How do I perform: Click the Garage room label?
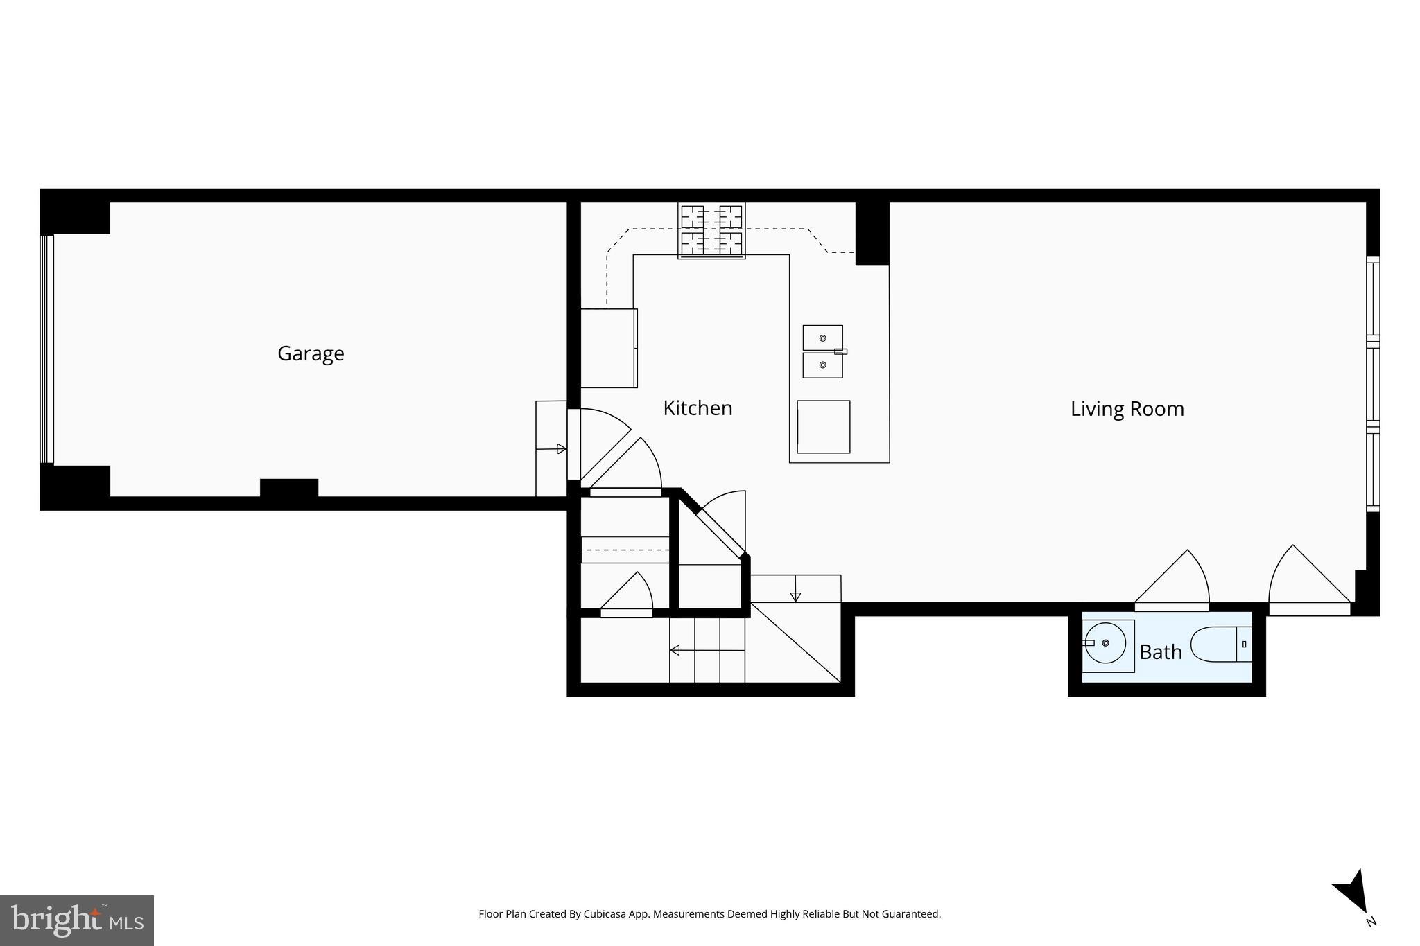tap(311, 353)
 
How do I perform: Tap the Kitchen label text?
tap(698, 408)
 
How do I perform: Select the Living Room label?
tap(1127, 408)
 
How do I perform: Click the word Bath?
tap(1161, 652)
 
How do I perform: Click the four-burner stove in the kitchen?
tap(711, 231)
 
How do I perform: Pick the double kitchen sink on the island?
tap(823, 351)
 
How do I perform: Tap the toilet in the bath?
tap(1220, 645)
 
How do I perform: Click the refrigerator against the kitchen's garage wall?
tap(608, 348)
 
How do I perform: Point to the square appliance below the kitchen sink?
tap(823, 427)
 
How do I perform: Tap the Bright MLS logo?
tap(77, 920)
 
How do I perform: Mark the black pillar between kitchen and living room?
tap(872, 233)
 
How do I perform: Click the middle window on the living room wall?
tap(1373, 385)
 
